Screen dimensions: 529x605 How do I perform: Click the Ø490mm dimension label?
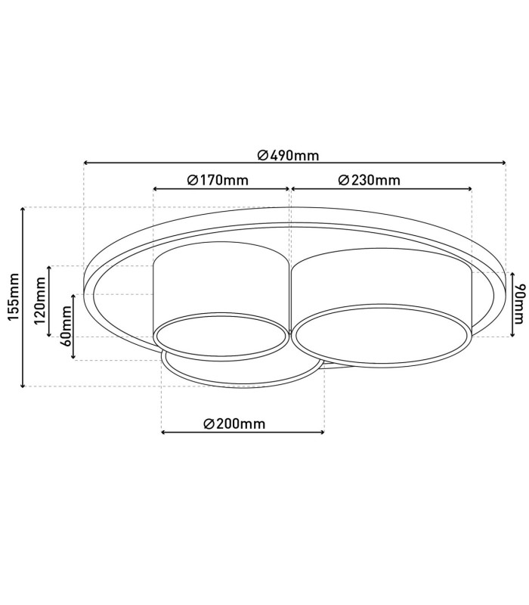(289, 156)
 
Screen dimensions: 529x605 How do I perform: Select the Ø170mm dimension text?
(218, 180)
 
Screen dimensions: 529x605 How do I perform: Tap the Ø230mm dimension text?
(370, 180)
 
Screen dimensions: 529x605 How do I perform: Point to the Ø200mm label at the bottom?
(234, 423)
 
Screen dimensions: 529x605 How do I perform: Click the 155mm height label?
(13, 296)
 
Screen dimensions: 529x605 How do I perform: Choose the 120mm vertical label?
(40, 301)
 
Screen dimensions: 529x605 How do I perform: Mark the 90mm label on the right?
(521, 304)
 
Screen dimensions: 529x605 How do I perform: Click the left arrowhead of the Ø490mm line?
(86, 163)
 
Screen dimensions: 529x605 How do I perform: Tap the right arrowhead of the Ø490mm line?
(503, 163)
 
